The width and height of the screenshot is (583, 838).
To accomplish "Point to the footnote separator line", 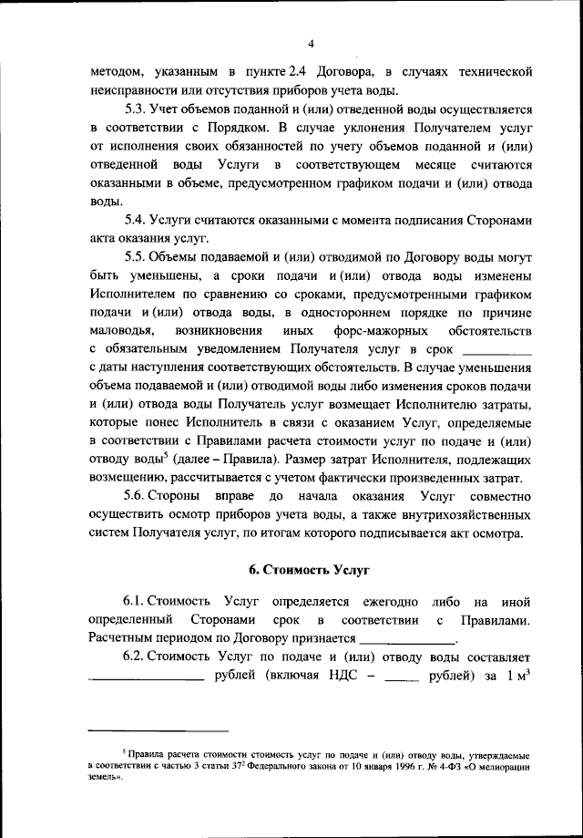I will (x=159, y=730).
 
